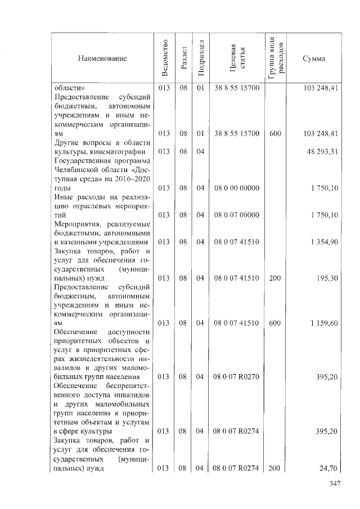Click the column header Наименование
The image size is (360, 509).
pos(103,58)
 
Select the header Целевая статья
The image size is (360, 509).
pos(237,58)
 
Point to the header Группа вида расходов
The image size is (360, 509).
pos(276,58)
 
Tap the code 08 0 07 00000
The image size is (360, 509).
pos(237,214)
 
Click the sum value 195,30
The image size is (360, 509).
pos(327,278)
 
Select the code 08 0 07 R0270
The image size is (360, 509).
pos(237,376)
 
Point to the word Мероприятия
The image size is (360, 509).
pos(76,223)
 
